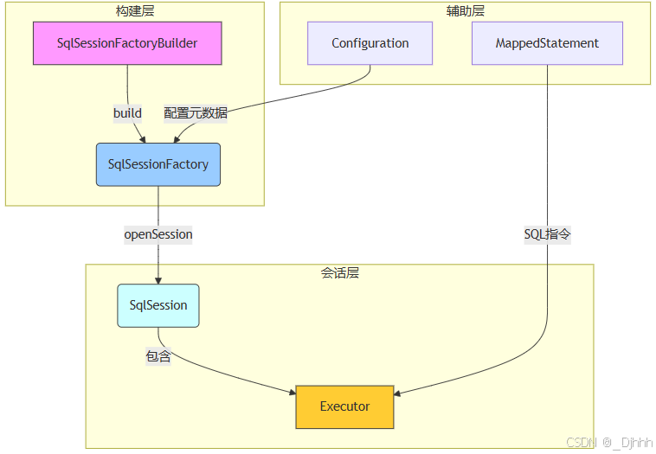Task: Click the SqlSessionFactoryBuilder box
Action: click(127, 43)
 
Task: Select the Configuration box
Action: click(370, 43)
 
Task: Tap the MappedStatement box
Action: click(547, 43)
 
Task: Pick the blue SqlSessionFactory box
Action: click(158, 164)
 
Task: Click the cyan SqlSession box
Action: click(158, 305)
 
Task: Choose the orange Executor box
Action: click(344, 406)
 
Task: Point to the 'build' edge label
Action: click(127, 113)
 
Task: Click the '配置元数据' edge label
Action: click(196, 113)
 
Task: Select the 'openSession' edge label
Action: click(158, 234)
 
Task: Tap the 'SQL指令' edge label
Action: click(547, 234)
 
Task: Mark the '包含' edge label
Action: click(158, 356)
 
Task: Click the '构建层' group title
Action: click(134, 10)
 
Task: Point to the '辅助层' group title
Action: click(465, 10)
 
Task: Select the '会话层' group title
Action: click(339, 273)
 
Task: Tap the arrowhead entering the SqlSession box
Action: click(158, 280)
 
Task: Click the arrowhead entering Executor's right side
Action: click(398, 394)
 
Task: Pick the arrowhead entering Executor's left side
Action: click(292, 394)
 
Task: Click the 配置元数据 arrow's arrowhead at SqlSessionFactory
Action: click(177, 138)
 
